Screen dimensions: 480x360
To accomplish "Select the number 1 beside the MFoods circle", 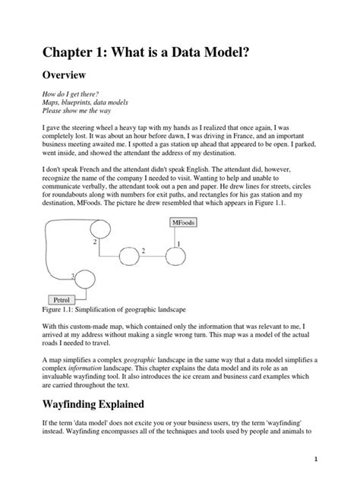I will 178,243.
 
